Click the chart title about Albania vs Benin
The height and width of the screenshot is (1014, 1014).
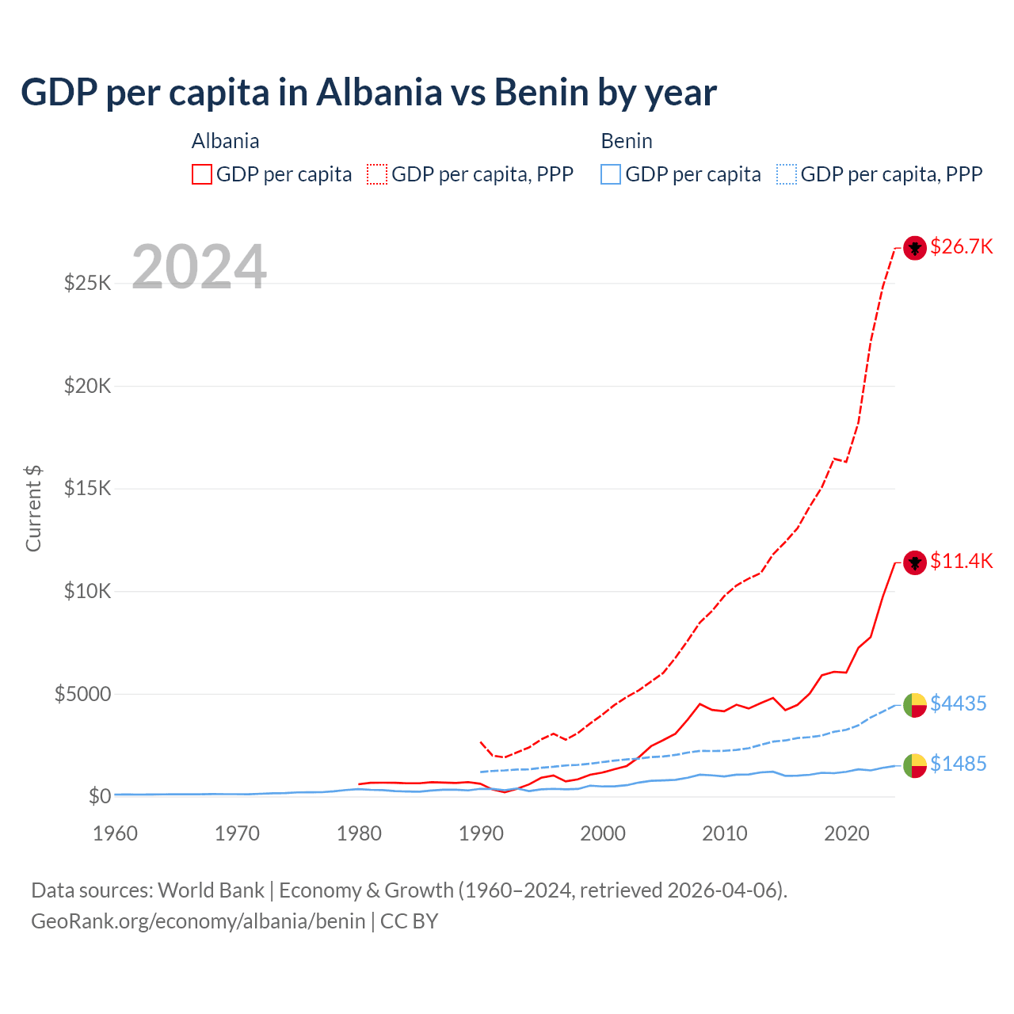(x=368, y=93)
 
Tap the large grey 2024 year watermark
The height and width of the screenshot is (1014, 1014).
(x=199, y=267)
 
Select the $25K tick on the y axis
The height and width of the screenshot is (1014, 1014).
(x=87, y=283)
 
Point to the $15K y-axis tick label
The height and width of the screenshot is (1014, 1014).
(x=87, y=488)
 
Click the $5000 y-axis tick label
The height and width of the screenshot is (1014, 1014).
(x=82, y=694)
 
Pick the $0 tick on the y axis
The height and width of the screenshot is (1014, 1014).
(x=99, y=796)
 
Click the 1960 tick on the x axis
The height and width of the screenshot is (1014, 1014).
(x=116, y=833)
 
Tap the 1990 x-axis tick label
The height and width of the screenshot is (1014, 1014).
(x=481, y=833)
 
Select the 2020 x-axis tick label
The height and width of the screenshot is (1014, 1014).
(x=847, y=833)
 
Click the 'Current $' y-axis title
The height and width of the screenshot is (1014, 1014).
(x=33, y=509)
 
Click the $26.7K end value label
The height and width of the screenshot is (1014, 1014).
(x=961, y=247)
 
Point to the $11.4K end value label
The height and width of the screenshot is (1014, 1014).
(x=961, y=562)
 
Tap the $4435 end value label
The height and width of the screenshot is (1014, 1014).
(x=958, y=703)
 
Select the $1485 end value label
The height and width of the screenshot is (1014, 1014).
(x=958, y=764)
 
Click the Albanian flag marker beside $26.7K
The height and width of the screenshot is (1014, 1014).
(x=915, y=248)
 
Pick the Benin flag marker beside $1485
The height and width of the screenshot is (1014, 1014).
(x=915, y=765)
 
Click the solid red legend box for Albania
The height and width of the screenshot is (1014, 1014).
(x=202, y=174)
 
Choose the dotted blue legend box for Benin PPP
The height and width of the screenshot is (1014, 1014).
(x=787, y=174)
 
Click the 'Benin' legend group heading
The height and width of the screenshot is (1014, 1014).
(x=627, y=141)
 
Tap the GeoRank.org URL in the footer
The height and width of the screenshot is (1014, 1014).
(x=198, y=921)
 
